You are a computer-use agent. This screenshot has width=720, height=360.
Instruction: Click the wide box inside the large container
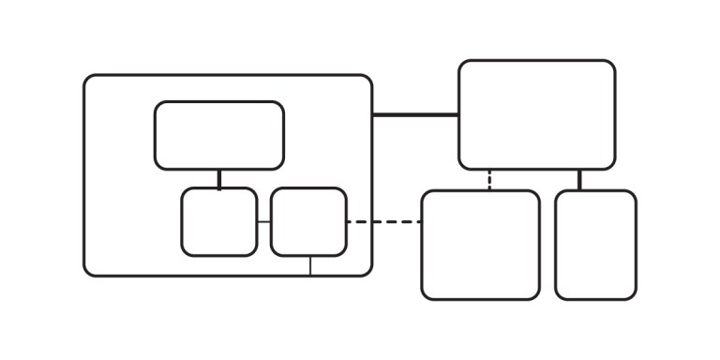click(219, 135)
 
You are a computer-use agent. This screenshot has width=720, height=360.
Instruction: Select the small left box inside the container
click(218, 221)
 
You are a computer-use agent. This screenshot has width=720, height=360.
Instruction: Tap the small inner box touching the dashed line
click(308, 221)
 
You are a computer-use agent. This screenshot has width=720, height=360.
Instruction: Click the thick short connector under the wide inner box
click(219, 178)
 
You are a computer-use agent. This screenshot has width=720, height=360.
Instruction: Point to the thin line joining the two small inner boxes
click(263, 222)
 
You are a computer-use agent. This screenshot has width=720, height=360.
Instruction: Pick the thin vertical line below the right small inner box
click(310, 265)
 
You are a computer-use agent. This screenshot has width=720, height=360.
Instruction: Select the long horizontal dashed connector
click(383, 222)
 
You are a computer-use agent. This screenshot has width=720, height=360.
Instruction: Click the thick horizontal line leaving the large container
click(415, 115)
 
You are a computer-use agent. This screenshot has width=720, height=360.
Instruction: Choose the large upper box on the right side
click(536, 114)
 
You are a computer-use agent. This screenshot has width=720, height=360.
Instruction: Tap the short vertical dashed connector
click(489, 180)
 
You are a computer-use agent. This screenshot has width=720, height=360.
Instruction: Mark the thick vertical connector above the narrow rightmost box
click(579, 180)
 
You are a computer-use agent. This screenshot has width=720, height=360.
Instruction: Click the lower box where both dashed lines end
click(480, 245)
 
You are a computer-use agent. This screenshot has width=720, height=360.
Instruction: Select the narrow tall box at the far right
click(595, 245)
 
